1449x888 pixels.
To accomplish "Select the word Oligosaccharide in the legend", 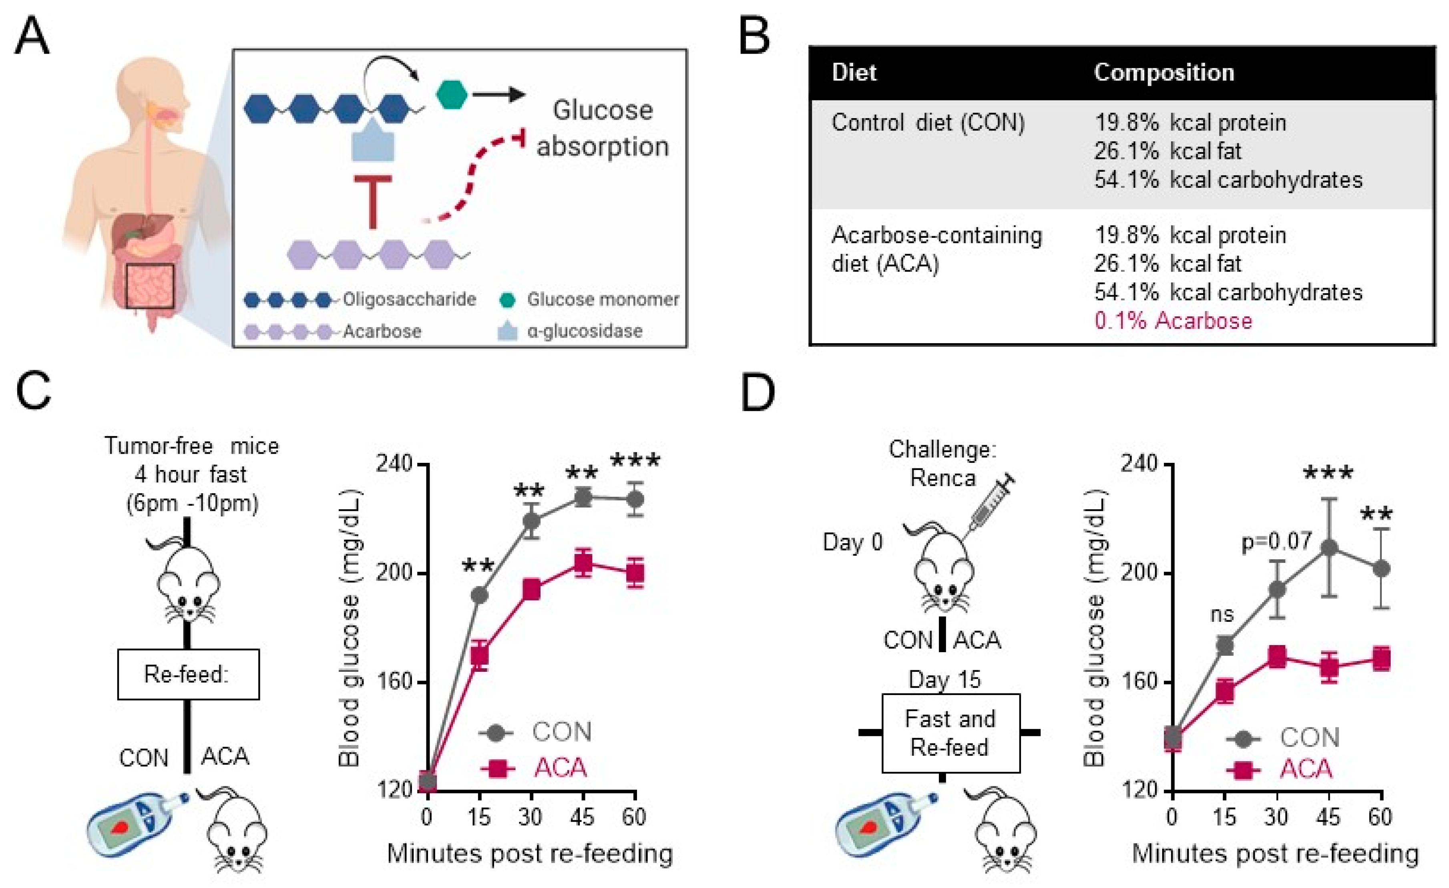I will click(x=409, y=299).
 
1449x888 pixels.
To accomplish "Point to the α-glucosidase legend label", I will click(x=585, y=331).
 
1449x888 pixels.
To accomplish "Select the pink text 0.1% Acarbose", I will click(x=1173, y=321).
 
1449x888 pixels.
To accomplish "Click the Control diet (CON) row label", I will click(x=927, y=123).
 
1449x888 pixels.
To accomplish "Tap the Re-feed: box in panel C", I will click(x=188, y=674).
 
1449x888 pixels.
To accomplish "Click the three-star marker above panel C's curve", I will click(x=635, y=460).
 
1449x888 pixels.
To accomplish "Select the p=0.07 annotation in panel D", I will click(x=1276, y=541).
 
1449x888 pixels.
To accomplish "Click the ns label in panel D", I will click(x=1222, y=615).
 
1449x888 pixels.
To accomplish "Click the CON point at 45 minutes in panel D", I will click(x=1329, y=548).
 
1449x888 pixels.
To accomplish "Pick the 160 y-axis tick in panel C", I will click(x=394, y=682).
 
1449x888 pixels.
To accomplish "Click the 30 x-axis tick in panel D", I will click(x=1276, y=816).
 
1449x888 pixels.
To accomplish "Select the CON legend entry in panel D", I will click(x=1309, y=737).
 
